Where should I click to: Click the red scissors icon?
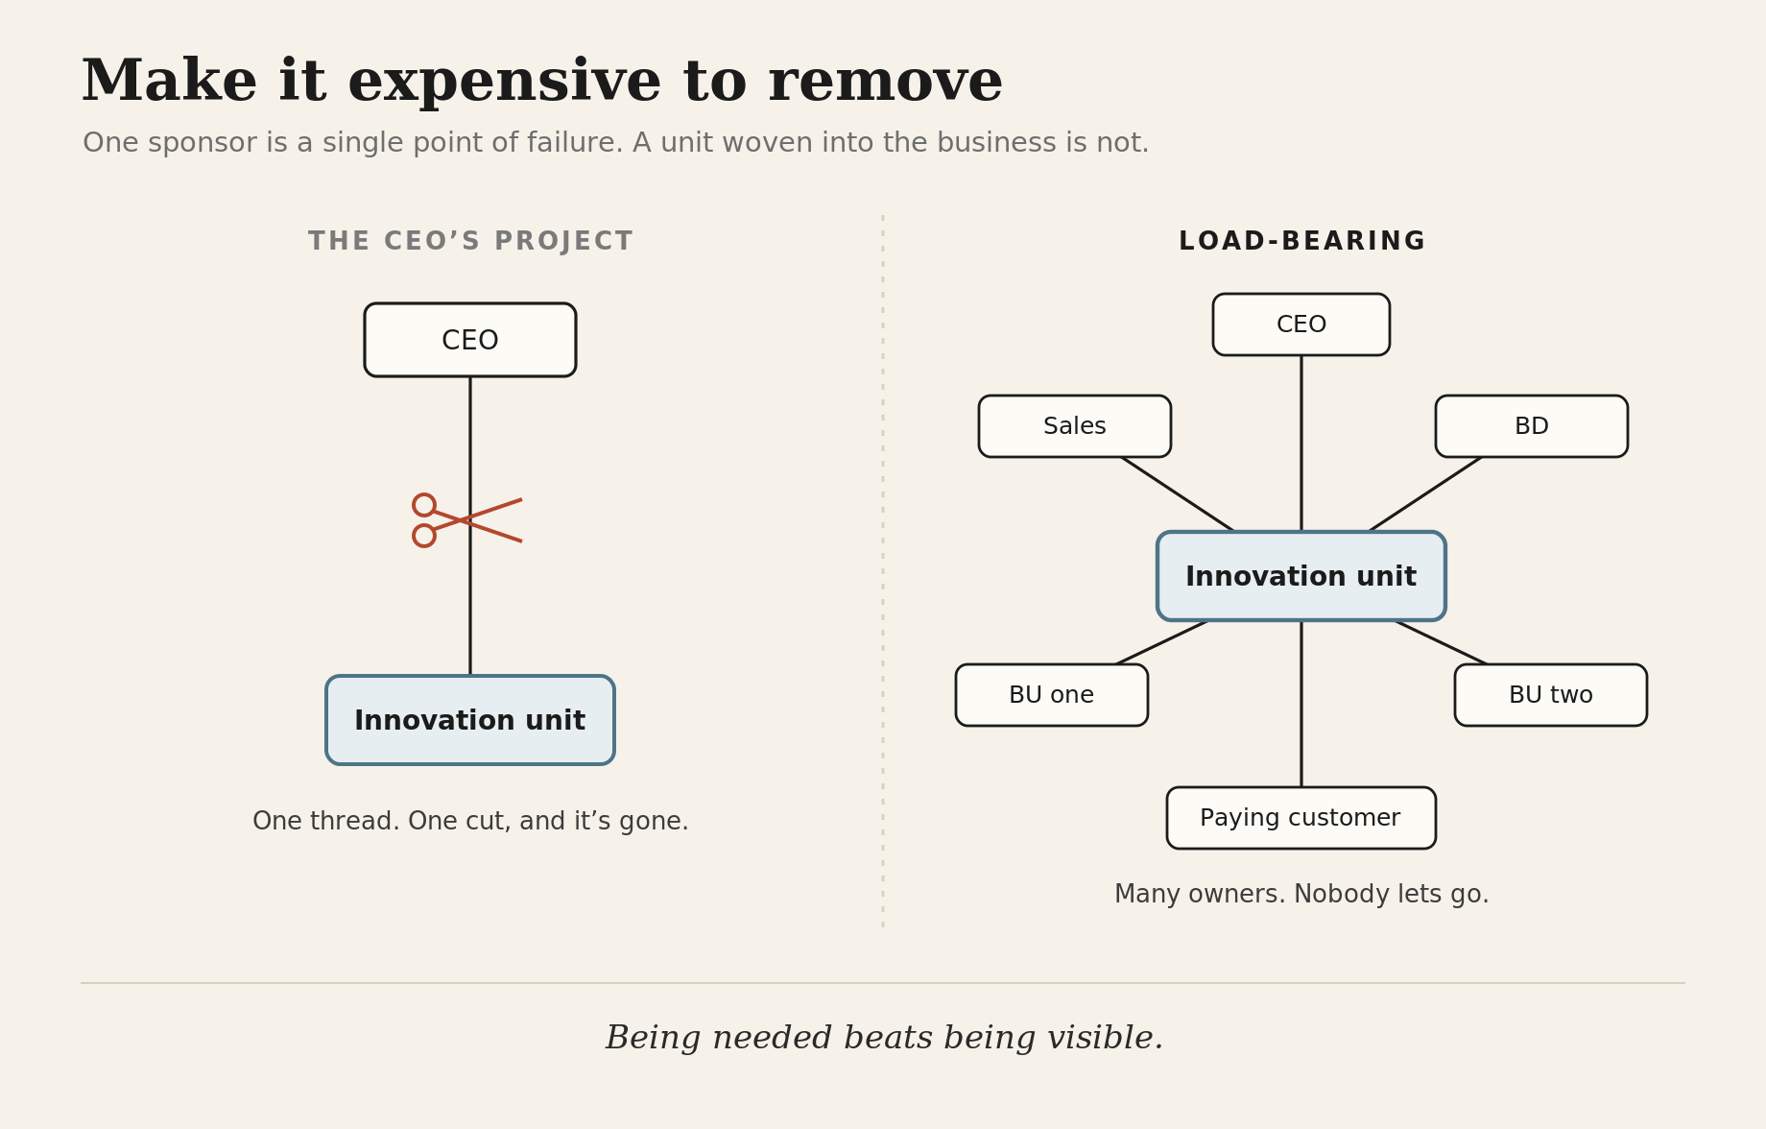[x=467, y=520]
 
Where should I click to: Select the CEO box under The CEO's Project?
[x=470, y=340]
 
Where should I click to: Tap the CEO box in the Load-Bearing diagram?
[x=1301, y=324]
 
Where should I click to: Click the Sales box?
[x=1075, y=426]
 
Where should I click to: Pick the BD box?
[x=1532, y=426]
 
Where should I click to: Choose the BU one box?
[x=1052, y=695]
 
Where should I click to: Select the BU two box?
[x=1551, y=695]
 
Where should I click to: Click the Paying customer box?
[x=1301, y=818]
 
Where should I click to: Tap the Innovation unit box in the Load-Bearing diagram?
[x=1301, y=576]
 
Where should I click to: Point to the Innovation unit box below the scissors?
[x=470, y=720]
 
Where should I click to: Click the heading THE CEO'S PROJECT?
[x=470, y=241]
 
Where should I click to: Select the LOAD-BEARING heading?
[x=1301, y=241]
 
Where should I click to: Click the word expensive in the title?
[x=504, y=83]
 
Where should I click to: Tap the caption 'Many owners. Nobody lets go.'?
[x=1301, y=895]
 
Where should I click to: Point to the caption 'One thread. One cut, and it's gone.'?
[x=470, y=822]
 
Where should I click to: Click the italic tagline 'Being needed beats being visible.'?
[x=884, y=1038]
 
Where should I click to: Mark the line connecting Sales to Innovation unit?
[x=1177, y=493]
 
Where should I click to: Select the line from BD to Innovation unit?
[x=1426, y=493]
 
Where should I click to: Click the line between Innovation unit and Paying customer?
[x=1301, y=704]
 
